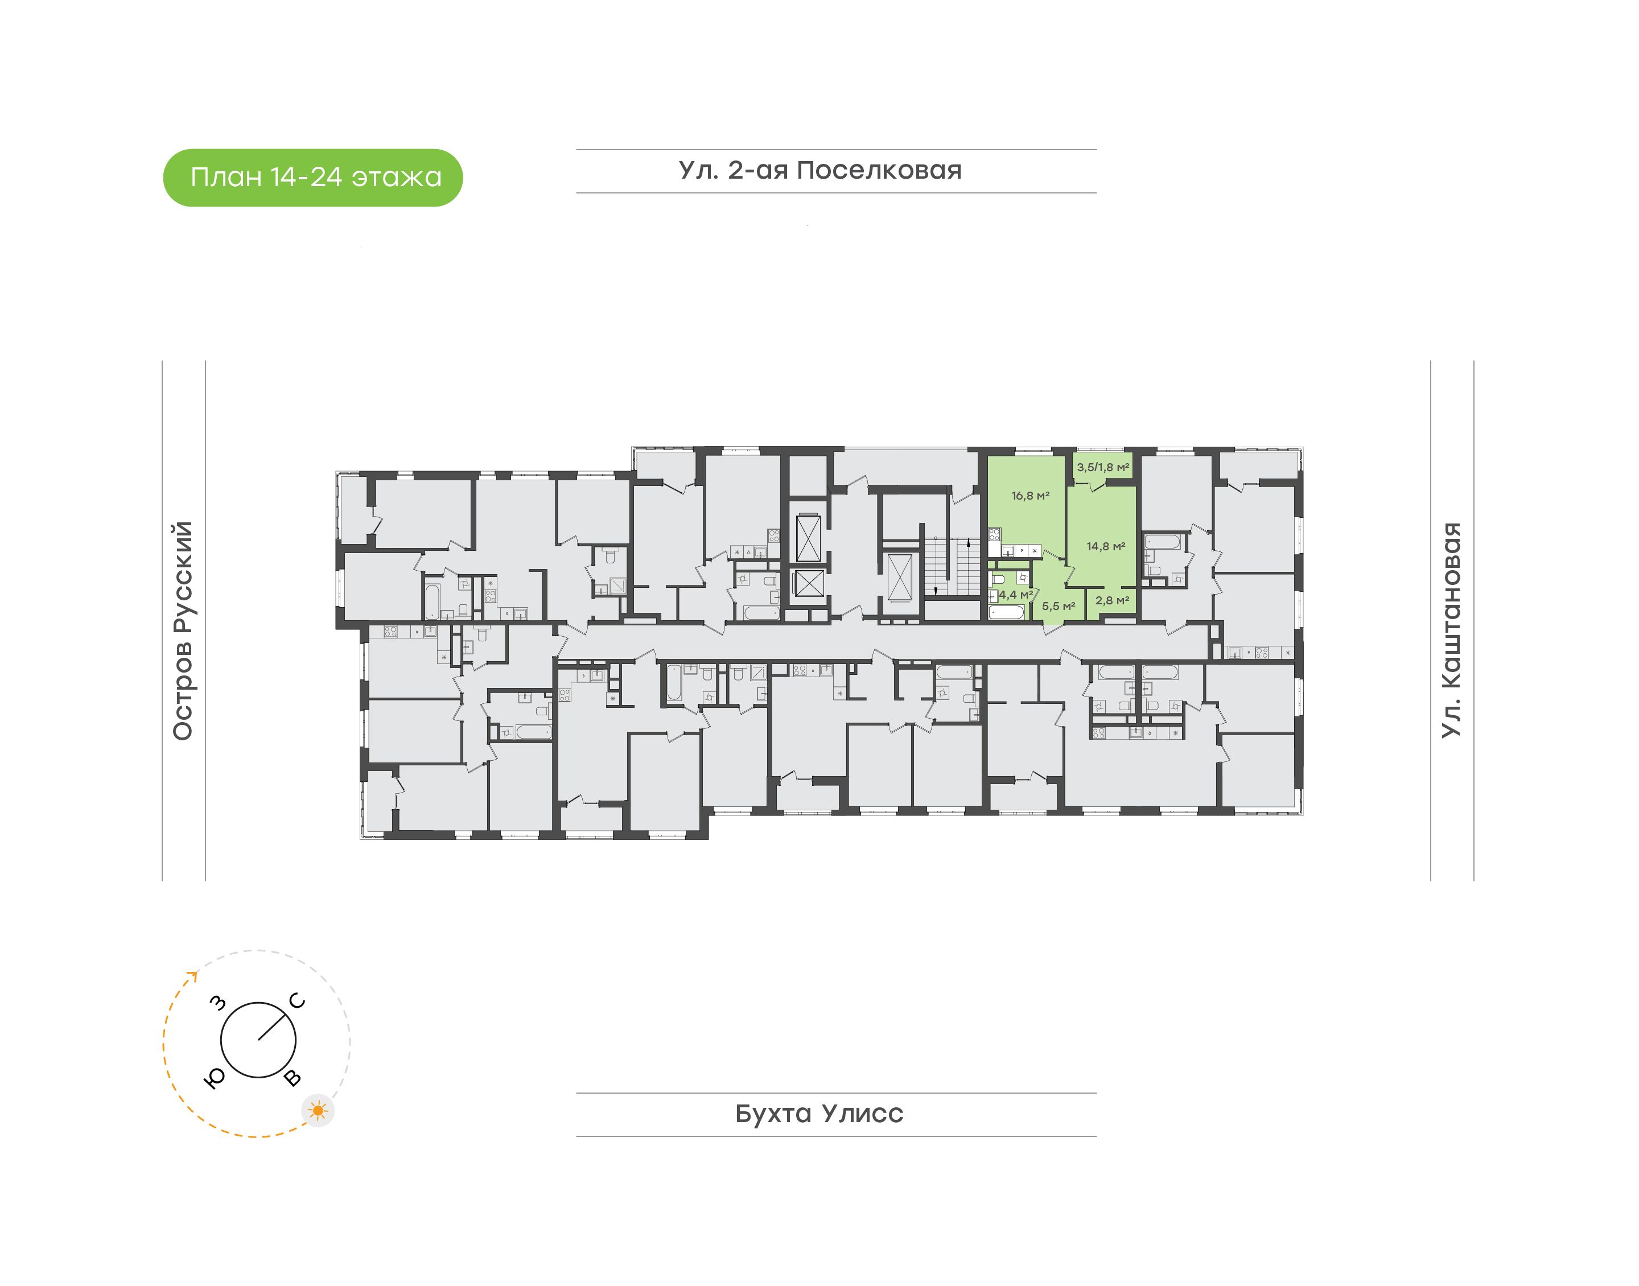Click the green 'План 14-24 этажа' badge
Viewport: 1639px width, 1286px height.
[x=312, y=178]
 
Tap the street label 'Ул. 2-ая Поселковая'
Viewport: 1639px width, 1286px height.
[x=820, y=171]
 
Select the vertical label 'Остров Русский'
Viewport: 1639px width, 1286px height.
[x=183, y=631]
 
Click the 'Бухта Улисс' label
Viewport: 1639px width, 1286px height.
[x=819, y=1114]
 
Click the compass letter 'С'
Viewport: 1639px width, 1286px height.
[x=298, y=1001]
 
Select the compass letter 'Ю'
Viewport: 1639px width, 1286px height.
[x=215, y=1079]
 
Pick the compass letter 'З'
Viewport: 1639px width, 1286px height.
[x=217, y=1002]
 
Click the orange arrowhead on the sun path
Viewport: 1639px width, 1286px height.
[x=193, y=976]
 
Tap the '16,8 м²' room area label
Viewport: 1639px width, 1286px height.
[x=1030, y=496]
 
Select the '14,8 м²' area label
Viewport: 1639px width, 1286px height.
[x=1105, y=547]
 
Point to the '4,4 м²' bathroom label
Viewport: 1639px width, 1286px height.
[x=1016, y=595]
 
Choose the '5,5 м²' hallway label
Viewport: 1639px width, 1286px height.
[x=1058, y=606]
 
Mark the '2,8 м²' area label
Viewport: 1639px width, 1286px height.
[x=1112, y=601]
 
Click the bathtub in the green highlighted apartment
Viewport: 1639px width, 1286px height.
[x=1007, y=612]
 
